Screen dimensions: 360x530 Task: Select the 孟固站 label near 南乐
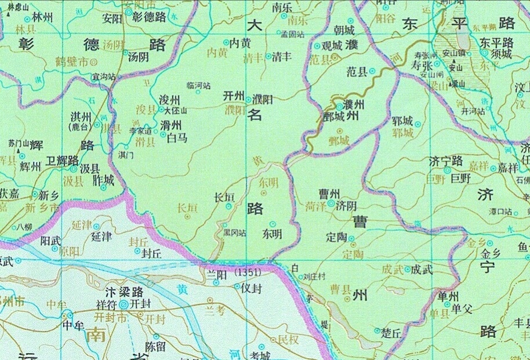[292, 35]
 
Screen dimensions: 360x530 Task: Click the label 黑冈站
[234, 233]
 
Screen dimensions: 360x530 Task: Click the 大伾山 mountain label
[176, 110]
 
